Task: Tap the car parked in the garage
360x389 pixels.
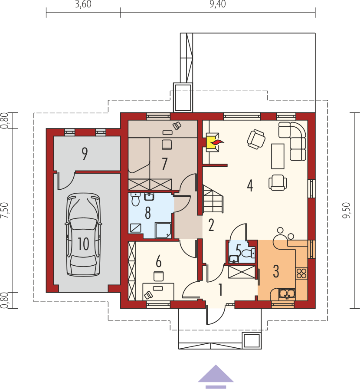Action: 83,234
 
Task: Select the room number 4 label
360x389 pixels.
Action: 250,185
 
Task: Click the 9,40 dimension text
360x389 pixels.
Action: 218,4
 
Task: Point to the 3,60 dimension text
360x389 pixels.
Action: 83,4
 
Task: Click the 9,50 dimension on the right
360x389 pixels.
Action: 347,211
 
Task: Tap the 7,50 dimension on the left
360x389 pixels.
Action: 5,211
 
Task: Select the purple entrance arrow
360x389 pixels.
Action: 216,376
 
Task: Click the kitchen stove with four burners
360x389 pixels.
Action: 301,274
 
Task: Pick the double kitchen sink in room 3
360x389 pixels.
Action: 287,294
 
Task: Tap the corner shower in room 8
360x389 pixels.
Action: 163,231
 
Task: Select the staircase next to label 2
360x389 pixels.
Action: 213,198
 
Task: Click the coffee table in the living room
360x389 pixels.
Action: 278,156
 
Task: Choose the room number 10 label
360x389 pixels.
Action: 84,244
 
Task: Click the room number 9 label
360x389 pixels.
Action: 85,154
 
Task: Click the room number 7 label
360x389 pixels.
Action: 164,164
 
